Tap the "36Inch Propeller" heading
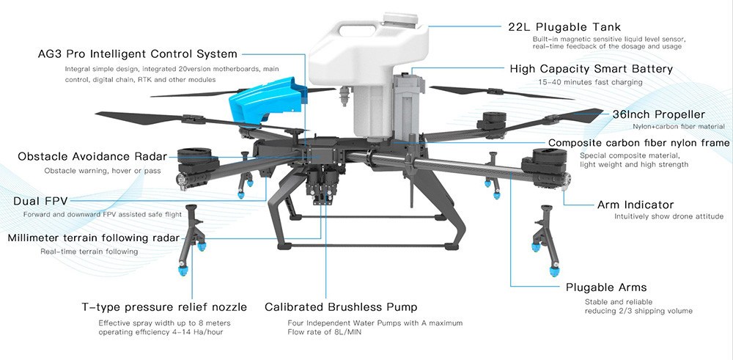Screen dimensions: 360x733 coord(658,114)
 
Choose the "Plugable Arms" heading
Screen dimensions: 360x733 coord(606,287)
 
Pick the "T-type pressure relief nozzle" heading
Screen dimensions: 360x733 coord(163,307)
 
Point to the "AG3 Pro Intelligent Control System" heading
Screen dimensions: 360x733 coord(138,54)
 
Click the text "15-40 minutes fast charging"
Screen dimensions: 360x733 coord(587,82)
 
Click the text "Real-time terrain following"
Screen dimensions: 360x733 coord(89,251)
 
